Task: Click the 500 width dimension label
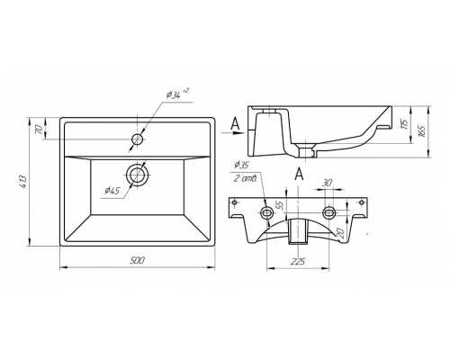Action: coord(137,260)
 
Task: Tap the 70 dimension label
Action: coord(39,130)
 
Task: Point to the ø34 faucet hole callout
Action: coord(177,94)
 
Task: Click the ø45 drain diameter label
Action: coord(112,191)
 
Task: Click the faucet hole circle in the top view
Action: coord(138,139)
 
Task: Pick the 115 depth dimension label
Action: coord(404,124)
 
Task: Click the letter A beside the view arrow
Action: coord(236,123)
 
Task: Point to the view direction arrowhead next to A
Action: coord(238,132)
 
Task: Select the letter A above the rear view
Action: coord(299,174)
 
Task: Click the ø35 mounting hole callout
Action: coord(242,165)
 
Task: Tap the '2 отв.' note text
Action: coord(245,179)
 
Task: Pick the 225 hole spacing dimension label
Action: coord(298,261)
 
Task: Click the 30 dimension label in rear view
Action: coord(328,183)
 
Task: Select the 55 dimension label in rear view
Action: coord(280,205)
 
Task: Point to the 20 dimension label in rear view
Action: coord(341,233)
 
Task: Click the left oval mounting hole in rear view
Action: coord(266,212)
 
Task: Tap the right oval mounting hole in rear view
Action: coord(329,212)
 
